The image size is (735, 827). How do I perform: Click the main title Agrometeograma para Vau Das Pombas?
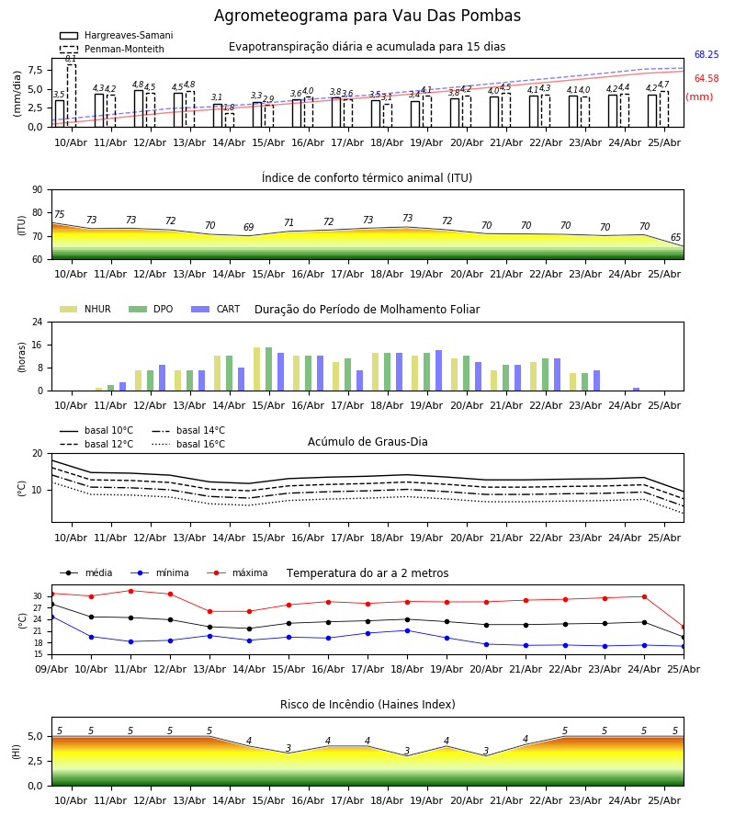[367, 16]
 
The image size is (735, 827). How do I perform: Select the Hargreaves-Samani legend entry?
[116, 35]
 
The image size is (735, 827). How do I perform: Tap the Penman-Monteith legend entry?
[112, 49]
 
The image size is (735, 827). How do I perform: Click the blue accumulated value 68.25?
[707, 54]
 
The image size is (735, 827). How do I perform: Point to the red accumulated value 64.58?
[707, 79]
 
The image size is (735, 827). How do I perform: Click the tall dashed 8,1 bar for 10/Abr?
[72, 96]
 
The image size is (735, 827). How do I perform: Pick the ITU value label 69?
[249, 227]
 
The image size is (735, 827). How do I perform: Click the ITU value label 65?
[675, 237]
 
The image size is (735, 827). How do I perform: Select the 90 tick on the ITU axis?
[38, 190]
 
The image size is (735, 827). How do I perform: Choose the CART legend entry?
[216, 309]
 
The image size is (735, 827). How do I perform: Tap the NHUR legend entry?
[85, 309]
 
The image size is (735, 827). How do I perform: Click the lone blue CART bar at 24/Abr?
[637, 390]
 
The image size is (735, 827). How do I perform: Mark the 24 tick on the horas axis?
[38, 322]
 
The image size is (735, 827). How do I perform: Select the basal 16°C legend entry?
[188, 444]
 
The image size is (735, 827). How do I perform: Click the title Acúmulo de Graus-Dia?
[367, 442]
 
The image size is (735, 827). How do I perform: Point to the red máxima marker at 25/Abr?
[684, 627]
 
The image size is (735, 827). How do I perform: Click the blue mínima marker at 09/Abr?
[51, 617]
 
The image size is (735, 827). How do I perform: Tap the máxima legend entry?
[237, 572]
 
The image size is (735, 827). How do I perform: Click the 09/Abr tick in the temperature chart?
[51, 669]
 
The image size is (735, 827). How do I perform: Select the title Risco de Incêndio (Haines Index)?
[367, 705]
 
